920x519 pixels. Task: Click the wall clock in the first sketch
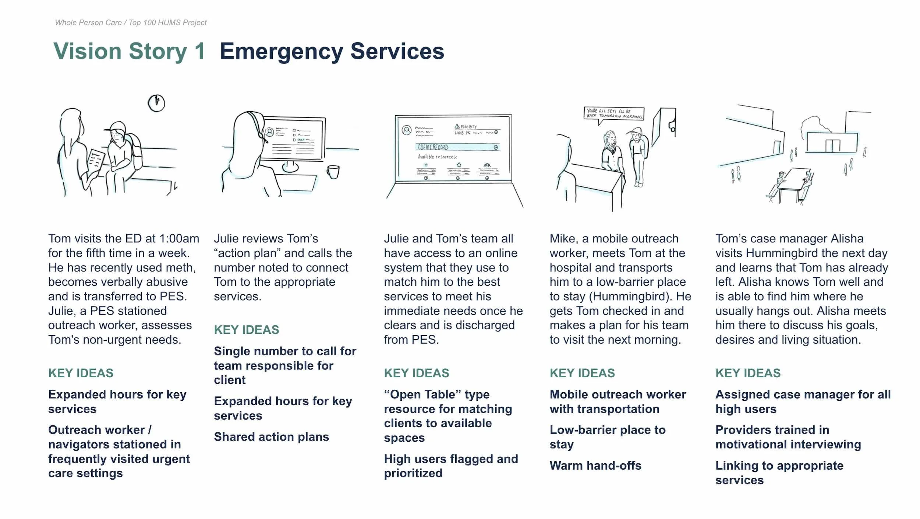tap(156, 103)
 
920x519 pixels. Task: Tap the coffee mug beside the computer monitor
tap(333, 172)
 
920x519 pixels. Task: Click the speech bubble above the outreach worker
tap(614, 113)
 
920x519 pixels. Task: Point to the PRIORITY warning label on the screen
tap(466, 126)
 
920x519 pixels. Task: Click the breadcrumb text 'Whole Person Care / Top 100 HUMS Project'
tap(131, 22)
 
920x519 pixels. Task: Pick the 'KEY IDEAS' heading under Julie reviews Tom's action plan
tap(246, 330)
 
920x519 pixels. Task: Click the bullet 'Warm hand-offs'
tap(595, 465)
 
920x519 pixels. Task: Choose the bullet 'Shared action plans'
tap(271, 436)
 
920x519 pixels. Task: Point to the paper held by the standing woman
tap(95, 162)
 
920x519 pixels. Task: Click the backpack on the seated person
tap(135, 151)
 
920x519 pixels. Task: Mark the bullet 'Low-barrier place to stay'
tap(607, 437)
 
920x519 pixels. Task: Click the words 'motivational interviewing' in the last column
tap(788, 444)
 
